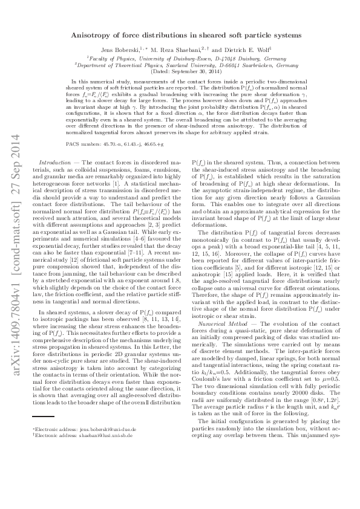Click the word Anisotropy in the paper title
click(110, 36)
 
